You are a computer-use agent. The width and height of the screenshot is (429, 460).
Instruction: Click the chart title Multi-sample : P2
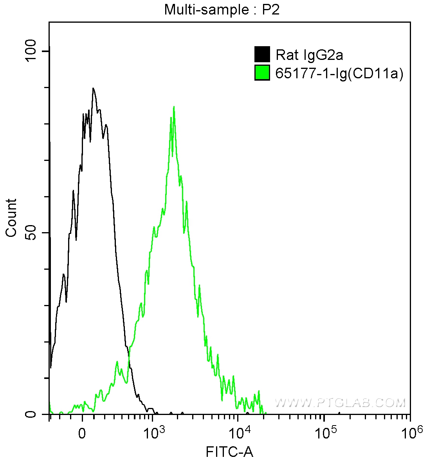[x=222, y=9]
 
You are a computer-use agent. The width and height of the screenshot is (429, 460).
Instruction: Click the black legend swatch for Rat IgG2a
[x=262, y=54]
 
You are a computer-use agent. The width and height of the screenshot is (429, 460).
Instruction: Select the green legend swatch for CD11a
[x=262, y=73]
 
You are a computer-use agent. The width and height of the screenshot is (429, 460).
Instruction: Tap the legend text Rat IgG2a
[x=309, y=55]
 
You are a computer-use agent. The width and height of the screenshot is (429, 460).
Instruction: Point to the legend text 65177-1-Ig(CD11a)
[x=339, y=73]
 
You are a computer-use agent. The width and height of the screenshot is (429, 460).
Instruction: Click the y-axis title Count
[x=11, y=218]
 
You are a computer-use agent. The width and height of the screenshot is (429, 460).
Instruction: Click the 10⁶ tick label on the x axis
[x=409, y=432]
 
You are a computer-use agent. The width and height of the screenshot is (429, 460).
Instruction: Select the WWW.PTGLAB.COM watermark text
[x=340, y=402]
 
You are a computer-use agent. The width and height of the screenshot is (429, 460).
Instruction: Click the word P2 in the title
[x=270, y=9]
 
